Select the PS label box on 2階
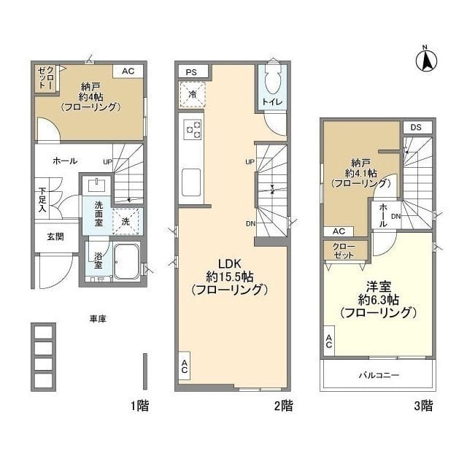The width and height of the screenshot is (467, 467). coord(192,72)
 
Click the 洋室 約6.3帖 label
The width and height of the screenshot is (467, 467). coord(378,301)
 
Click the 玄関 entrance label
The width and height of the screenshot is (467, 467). coord(45,236)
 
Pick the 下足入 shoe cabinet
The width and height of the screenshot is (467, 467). coord(43,200)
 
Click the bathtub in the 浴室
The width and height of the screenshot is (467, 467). coord(127,262)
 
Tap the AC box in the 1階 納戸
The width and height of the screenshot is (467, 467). coord(128,72)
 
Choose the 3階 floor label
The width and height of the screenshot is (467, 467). coord(424,405)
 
